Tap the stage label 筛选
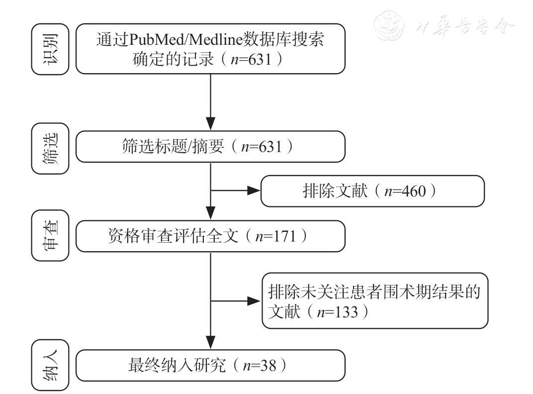[x=50, y=149]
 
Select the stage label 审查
[x=50, y=235]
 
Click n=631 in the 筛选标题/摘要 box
[x=261, y=147]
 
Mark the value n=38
[x=258, y=366]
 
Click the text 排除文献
[x=328, y=191]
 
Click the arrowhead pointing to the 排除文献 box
[x=255, y=191]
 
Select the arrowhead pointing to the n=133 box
[x=256, y=300]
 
